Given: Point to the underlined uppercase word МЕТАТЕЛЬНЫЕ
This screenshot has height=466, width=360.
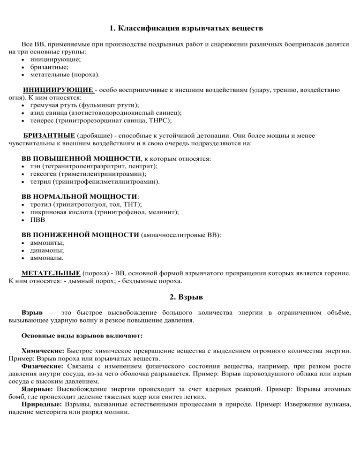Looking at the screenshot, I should pos(51,272).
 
